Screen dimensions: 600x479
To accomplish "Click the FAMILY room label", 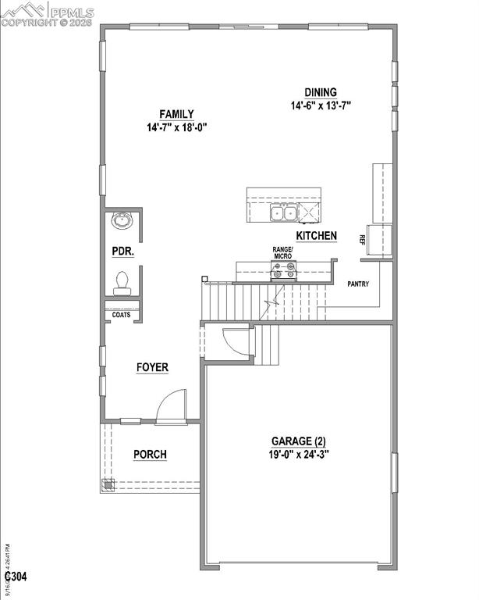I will pos(176,114).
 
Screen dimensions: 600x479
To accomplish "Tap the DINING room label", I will pos(321,91).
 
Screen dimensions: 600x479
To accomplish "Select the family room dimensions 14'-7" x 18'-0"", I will pos(176,127).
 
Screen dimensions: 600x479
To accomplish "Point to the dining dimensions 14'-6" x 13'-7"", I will pos(321,105).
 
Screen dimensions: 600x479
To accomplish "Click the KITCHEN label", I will pos(316,235).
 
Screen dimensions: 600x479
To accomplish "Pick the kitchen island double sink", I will pos(283,212).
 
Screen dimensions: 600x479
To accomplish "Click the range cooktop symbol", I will pos(282,272).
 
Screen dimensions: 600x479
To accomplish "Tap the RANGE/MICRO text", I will pos(282,252).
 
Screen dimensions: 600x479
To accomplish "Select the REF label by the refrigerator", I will pos(364,239).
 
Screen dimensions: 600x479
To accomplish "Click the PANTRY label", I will pos(358,284).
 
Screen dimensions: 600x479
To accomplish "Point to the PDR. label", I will pos(122,252).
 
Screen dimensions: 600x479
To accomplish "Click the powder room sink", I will pos(122,222).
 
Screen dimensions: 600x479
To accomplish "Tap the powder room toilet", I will pos(122,283).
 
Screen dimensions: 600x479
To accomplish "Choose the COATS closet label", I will pos(121,315).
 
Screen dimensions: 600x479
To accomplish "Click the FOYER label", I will pos(152,367).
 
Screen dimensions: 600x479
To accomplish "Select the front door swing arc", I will pos(170,406).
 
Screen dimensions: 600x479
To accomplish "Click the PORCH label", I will pos(150,455).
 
